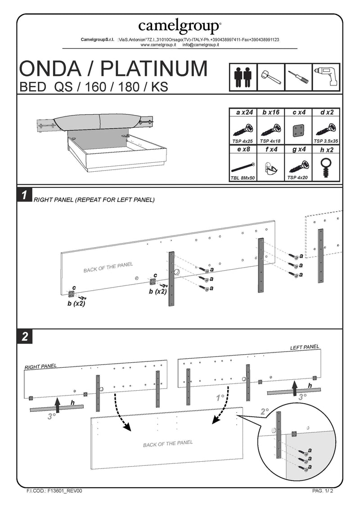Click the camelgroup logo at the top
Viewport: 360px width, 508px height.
(180, 26)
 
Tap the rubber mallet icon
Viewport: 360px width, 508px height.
(270, 77)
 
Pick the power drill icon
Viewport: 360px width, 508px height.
(326, 77)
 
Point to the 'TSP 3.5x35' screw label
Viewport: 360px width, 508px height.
(326, 141)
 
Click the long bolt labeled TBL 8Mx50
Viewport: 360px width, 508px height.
(243, 165)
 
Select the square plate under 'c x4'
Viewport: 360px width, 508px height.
(298, 130)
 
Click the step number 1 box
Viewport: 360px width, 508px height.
(24, 195)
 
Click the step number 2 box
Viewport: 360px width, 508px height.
(24, 337)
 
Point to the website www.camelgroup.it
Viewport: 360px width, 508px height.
(157, 45)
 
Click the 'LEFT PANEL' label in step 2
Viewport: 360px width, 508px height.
(305, 348)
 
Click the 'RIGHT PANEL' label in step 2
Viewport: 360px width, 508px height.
(40, 367)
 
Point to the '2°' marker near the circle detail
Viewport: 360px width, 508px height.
(265, 411)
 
